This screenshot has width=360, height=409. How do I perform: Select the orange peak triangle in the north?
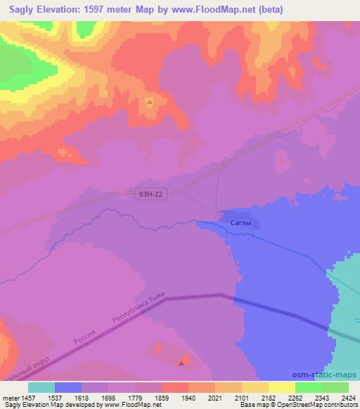coord(149,103)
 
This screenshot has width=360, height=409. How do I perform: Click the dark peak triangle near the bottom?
coord(184,363)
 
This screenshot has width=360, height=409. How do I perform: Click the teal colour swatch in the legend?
coord(41,387)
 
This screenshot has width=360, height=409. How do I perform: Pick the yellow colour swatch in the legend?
coord(282,387)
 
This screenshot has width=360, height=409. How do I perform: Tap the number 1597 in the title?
coord(103,8)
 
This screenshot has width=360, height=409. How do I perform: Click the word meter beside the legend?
coord(12,398)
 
